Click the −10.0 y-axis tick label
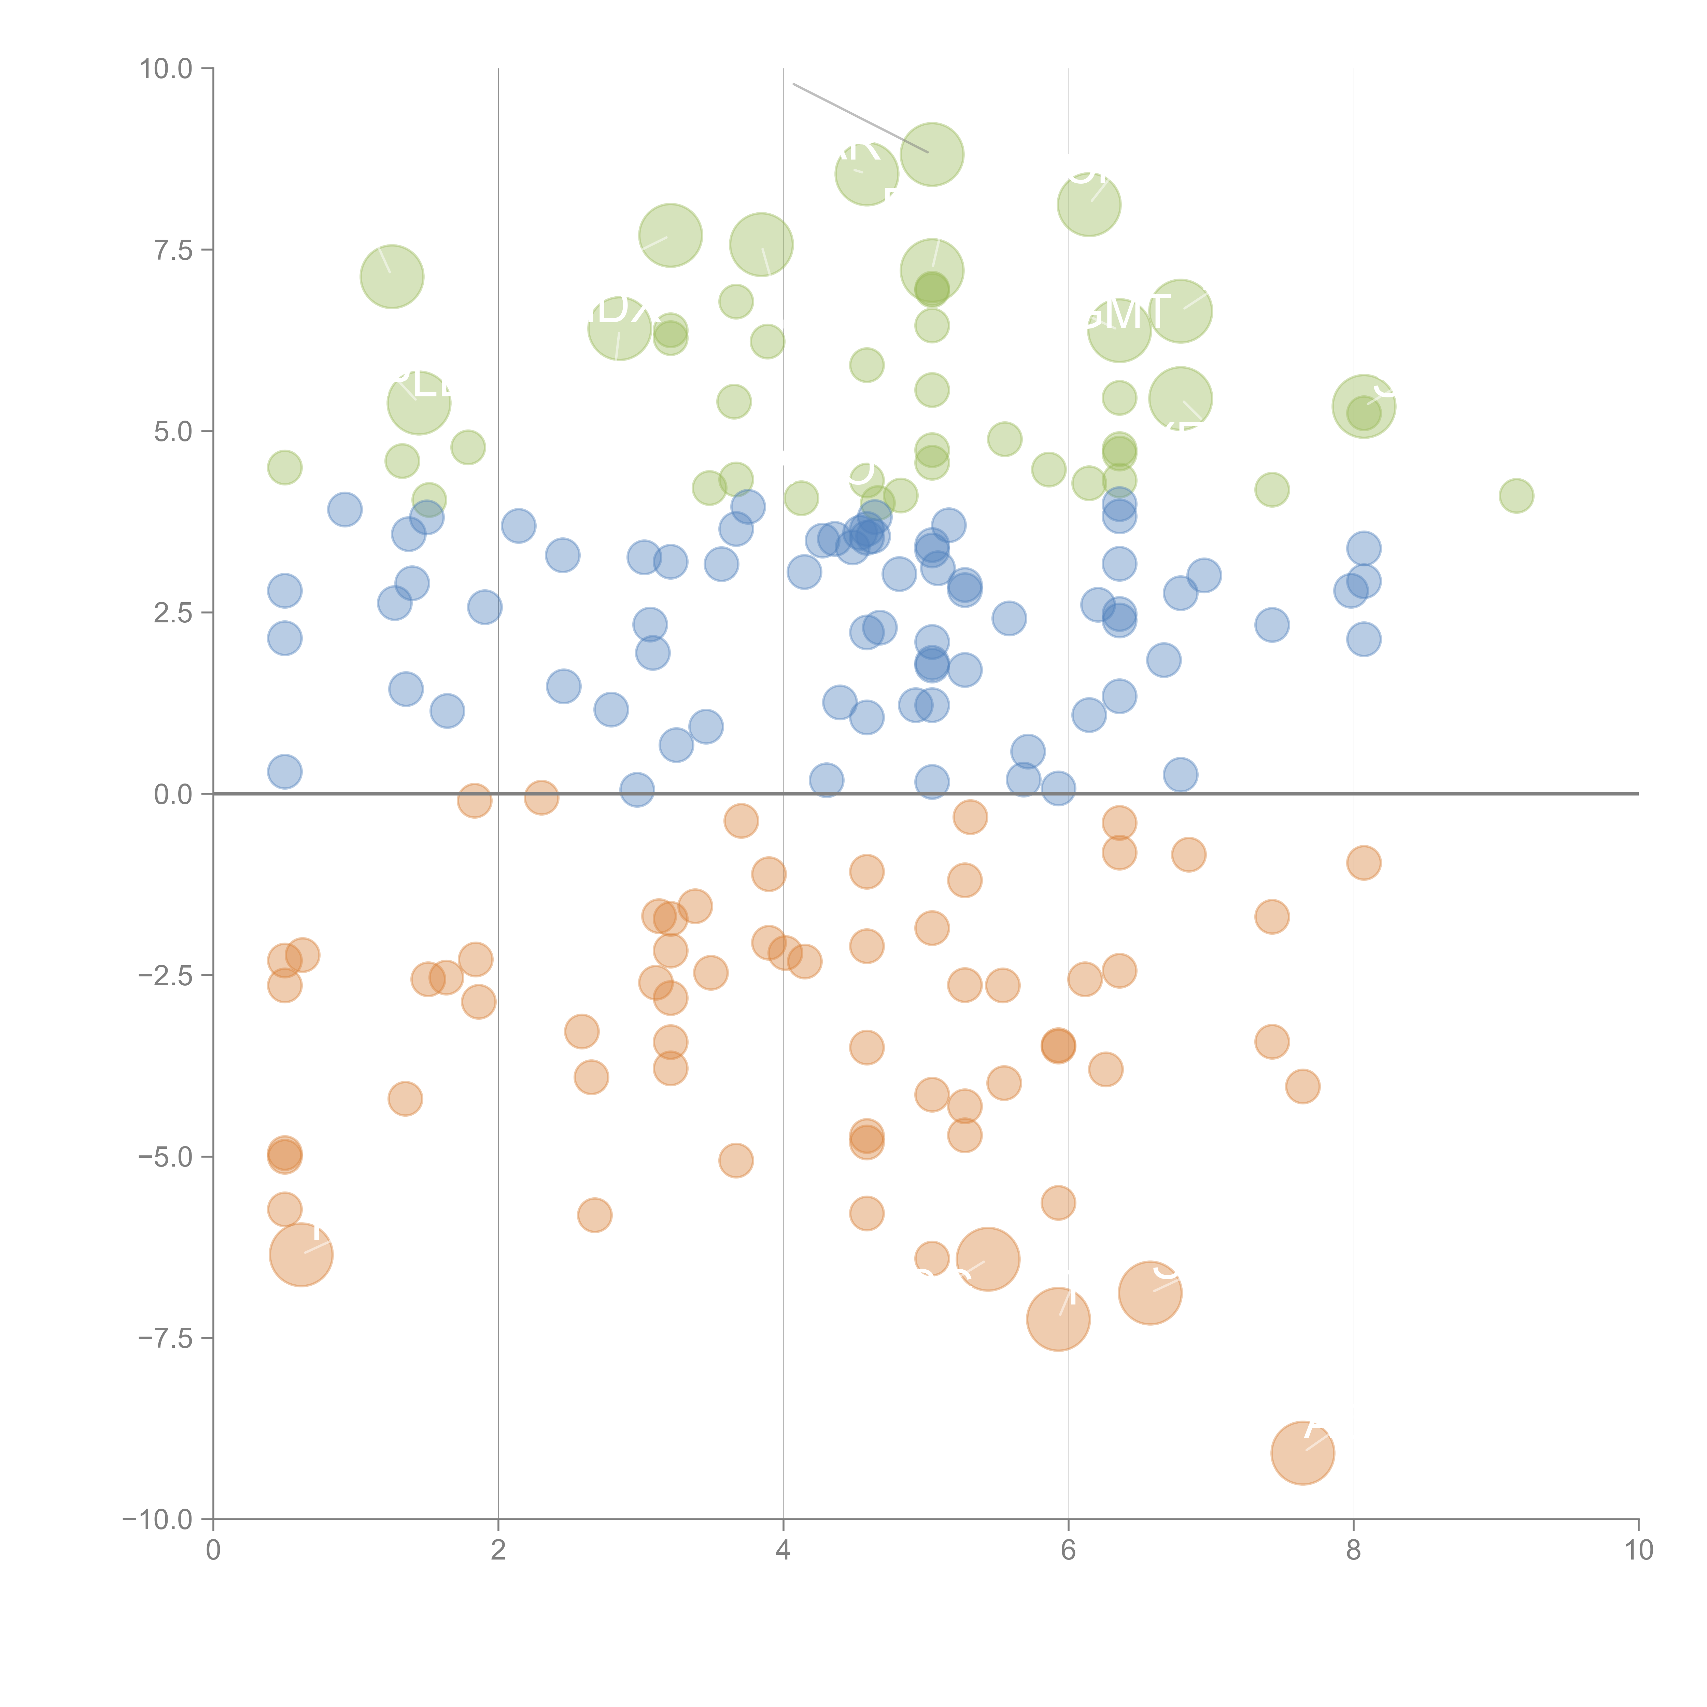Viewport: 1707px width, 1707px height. [157, 1520]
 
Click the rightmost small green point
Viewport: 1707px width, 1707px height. [1516, 496]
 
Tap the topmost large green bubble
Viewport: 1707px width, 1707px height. [931, 155]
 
